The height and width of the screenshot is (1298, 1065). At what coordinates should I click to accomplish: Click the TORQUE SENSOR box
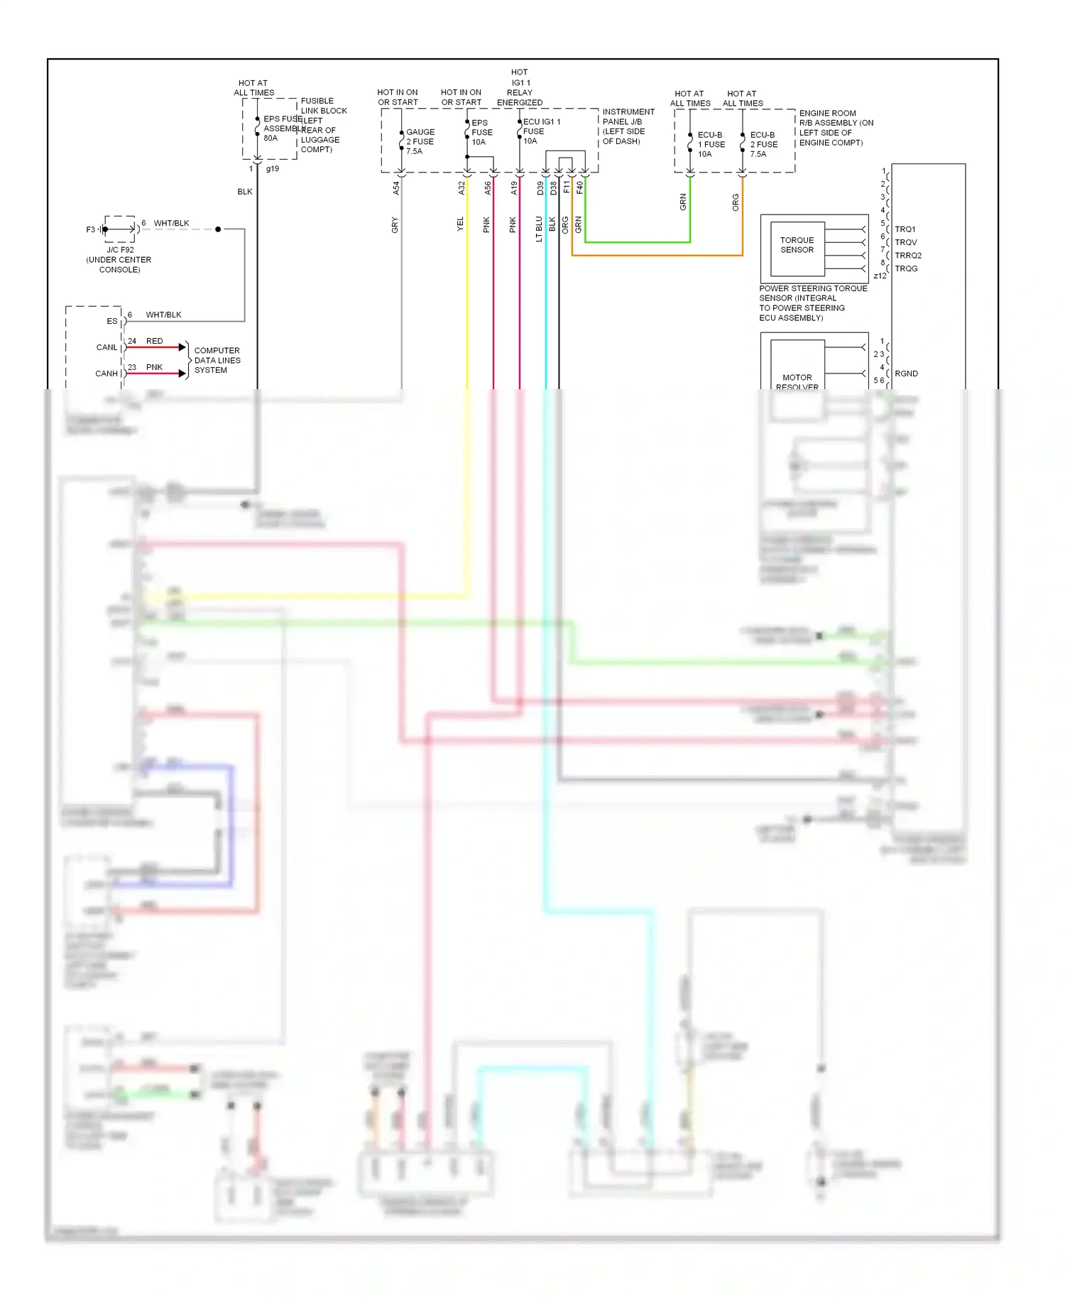797,246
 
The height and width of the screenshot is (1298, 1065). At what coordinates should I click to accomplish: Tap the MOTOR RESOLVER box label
797,381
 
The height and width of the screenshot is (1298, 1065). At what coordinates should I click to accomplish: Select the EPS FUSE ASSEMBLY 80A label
281,129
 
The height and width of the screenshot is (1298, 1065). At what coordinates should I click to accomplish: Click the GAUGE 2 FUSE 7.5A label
420,141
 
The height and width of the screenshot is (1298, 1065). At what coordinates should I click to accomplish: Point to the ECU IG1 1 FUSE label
540,131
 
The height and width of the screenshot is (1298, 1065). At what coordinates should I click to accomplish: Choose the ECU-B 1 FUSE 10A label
711,144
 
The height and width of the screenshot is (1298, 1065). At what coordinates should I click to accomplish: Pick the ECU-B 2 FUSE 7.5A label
763,144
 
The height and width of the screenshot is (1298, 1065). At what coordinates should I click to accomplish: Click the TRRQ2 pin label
907,256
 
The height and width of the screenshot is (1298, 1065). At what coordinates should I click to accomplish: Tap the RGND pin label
906,373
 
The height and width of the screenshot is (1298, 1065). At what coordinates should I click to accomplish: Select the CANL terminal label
106,347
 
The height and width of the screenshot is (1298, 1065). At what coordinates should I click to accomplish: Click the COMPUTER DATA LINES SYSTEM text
217,360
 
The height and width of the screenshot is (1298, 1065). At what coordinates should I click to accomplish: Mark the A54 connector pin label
396,188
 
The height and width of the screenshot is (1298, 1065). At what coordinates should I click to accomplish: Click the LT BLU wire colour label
539,229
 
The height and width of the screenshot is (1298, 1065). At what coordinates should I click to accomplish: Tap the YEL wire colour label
460,224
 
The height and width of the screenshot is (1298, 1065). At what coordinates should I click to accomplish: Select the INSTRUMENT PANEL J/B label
628,126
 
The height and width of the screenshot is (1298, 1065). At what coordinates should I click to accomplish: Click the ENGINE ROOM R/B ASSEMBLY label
836,128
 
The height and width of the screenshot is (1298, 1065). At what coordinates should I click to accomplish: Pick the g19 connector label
272,169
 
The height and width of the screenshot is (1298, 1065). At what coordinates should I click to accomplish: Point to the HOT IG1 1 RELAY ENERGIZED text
520,87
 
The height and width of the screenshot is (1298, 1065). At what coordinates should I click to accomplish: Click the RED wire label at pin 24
154,341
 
